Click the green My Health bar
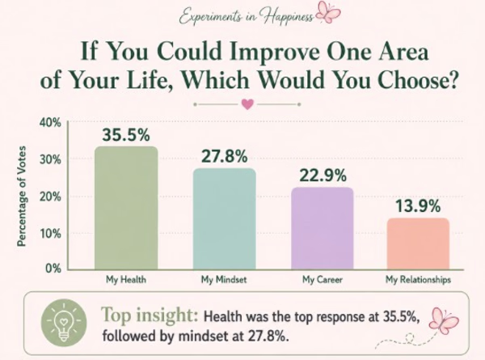[x=126, y=208]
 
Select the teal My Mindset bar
[x=225, y=219]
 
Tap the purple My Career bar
[x=323, y=228]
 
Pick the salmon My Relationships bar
[x=418, y=244]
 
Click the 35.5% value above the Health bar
[x=126, y=135]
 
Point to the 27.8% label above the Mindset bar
[x=225, y=156]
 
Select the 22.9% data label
[x=323, y=176]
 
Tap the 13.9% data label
[x=418, y=206]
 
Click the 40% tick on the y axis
[x=50, y=123]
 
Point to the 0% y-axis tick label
[x=53, y=268]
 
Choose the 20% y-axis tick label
[x=50, y=197]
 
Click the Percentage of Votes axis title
[x=21, y=197]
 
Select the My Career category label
[x=323, y=280]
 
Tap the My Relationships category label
[x=418, y=280]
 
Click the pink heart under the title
[x=247, y=104]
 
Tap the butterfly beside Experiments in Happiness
[x=328, y=12]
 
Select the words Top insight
[x=150, y=316]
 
